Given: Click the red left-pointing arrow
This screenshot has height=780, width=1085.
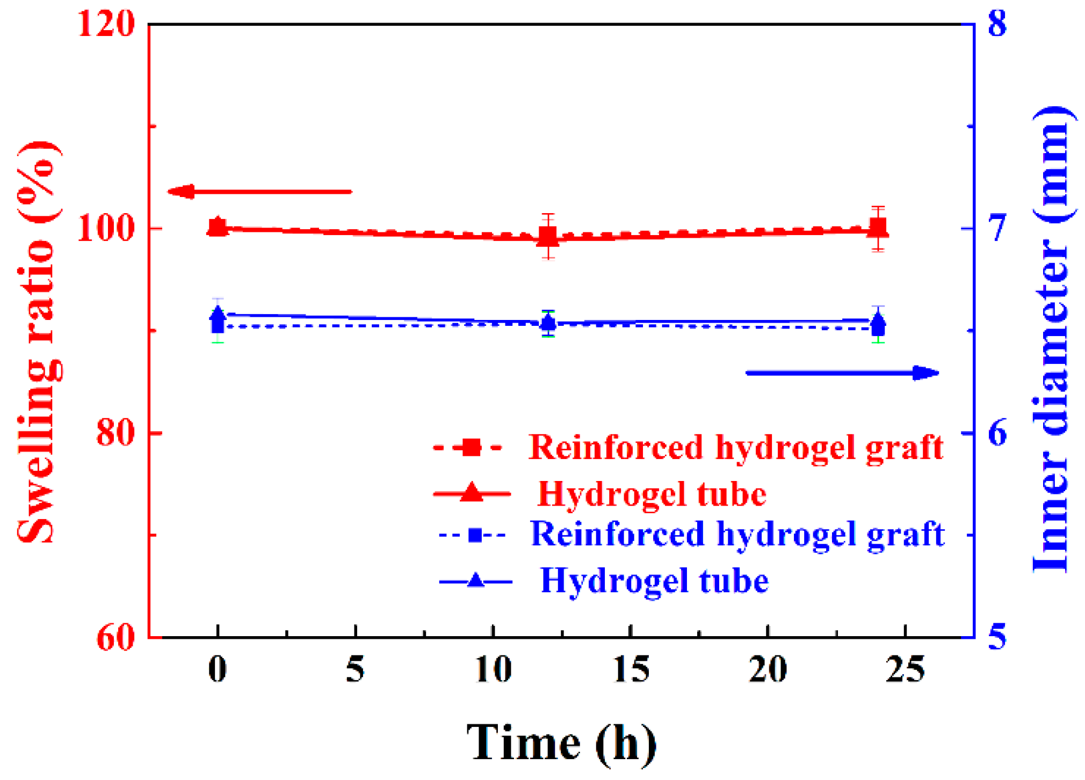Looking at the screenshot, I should (259, 192).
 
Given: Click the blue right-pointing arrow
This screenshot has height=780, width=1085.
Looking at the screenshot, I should (842, 373).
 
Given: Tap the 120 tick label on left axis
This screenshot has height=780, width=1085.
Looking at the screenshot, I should (106, 24).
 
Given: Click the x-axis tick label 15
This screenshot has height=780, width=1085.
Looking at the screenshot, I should (631, 669).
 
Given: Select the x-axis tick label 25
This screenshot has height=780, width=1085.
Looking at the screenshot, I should (906, 669).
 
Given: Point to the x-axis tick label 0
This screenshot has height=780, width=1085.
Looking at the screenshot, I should (218, 669).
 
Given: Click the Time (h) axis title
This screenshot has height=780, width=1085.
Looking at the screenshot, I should (561, 743).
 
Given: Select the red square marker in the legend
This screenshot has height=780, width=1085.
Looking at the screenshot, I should (471, 447).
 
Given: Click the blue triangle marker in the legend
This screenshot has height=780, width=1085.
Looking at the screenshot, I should (475, 581).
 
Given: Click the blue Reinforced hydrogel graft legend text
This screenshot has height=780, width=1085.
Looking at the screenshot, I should (737, 534).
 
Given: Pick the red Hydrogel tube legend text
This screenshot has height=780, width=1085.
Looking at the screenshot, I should (652, 494).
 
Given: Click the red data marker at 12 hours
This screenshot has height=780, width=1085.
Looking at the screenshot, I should (548, 236).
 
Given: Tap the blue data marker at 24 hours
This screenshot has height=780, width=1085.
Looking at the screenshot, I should (878, 325).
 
